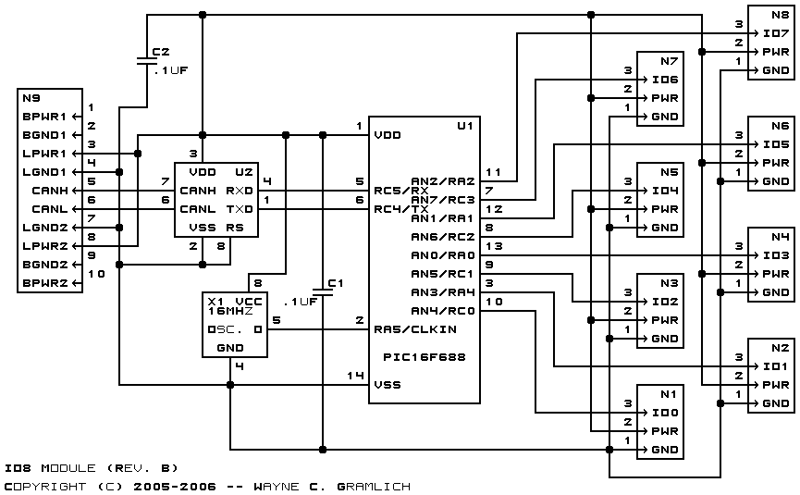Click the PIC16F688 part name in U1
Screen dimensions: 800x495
click(x=425, y=357)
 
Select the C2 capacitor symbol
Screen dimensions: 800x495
click(x=147, y=61)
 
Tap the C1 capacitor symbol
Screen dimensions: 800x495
click(x=323, y=291)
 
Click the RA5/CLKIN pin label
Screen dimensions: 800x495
click(x=415, y=329)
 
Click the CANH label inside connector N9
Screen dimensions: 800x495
click(x=50, y=191)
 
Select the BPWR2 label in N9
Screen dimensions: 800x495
click(x=45, y=283)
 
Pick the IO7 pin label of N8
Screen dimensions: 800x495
click(x=776, y=33)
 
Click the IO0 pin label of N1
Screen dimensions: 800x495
click(x=665, y=413)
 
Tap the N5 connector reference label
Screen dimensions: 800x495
click(x=670, y=172)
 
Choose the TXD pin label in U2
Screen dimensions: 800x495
click(x=240, y=209)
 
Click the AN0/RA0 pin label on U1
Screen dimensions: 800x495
click(x=443, y=255)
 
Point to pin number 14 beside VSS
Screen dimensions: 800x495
click(x=355, y=376)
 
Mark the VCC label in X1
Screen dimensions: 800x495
click(x=249, y=302)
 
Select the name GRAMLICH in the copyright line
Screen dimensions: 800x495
click(x=374, y=487)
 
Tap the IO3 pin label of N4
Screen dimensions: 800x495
click(x=776, y=255)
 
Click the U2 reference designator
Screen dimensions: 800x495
click(x=244, y=172)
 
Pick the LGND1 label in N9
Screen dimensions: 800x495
click(x=45, y=172)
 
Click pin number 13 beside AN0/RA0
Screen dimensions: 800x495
click(x=494, y=246)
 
